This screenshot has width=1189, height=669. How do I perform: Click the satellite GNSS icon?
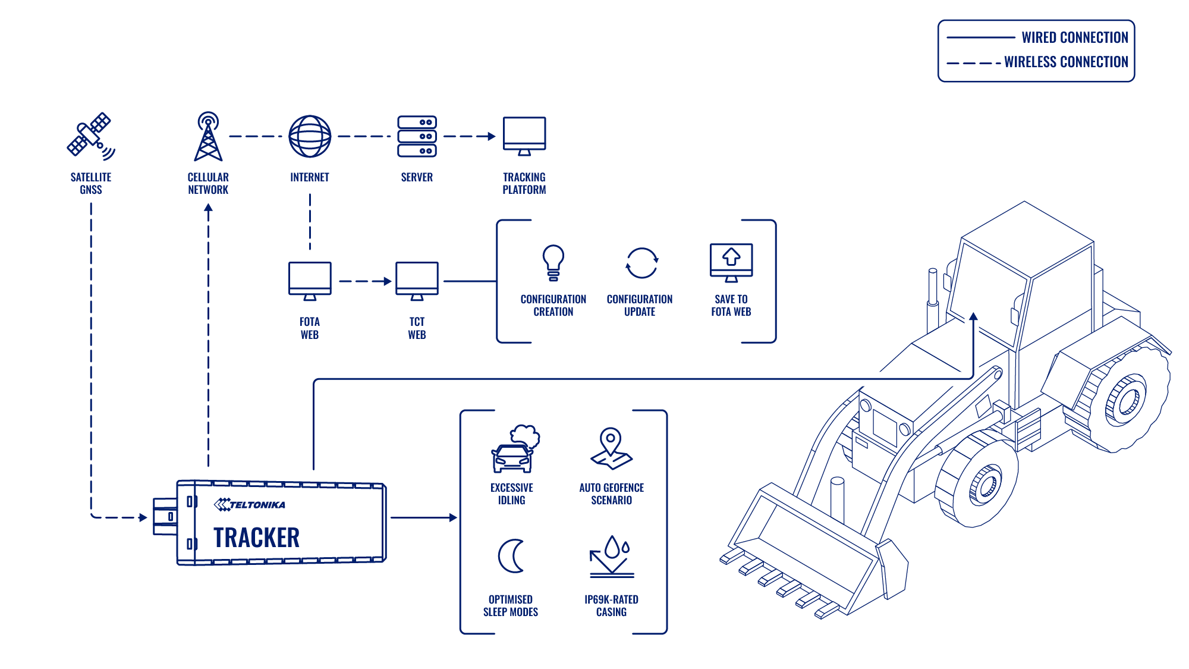click(91, 136)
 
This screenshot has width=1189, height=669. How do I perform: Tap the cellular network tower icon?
click(208, 136)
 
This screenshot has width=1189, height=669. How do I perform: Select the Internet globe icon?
click(310, 136)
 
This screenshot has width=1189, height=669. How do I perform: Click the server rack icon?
click(417, 136)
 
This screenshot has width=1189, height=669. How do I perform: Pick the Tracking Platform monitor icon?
click(524, 136)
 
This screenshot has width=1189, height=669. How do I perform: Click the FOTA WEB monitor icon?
click(310, 281)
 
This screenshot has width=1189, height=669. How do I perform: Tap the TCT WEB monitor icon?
click(417, 281)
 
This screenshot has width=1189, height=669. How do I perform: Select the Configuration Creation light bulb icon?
click(553, 262)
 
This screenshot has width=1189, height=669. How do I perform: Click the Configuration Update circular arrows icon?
click(641, 263)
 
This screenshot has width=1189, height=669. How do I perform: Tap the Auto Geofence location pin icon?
click(611, 449)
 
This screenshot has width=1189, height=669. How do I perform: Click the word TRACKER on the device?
click(256, 538)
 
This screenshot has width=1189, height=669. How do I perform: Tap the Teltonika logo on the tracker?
click(250, 504)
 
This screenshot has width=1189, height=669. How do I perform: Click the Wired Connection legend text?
click(1075, 37)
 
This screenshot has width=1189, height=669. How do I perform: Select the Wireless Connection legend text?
click(1066, 62)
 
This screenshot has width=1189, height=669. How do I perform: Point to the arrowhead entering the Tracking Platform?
click(492, 136)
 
